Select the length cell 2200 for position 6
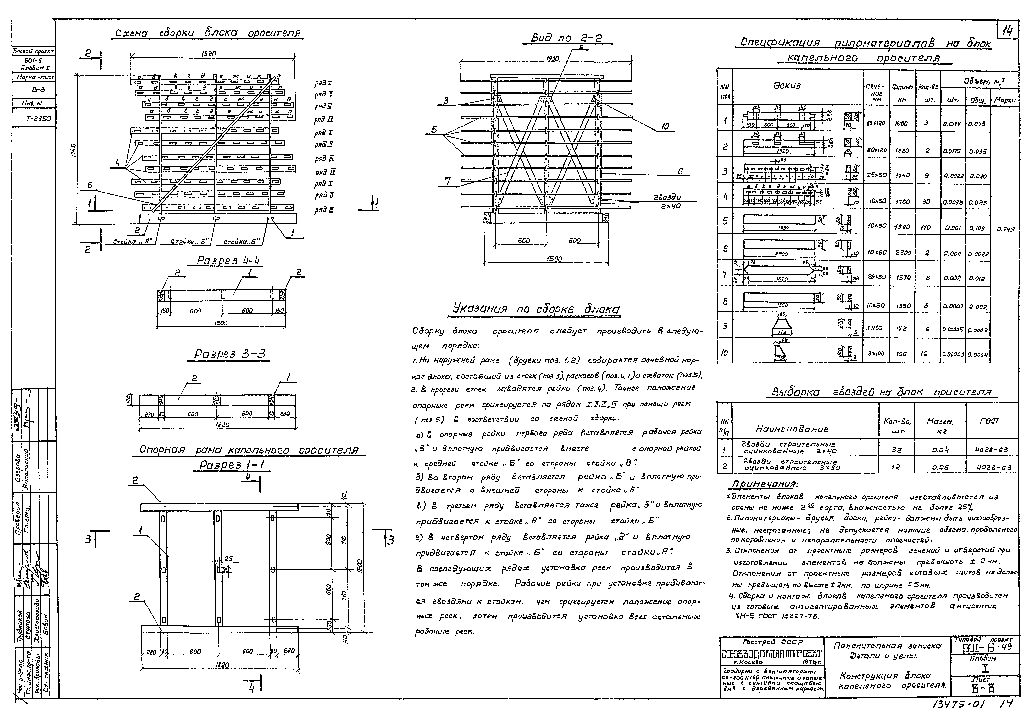click(899, 253)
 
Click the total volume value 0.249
click(1005, 229)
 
